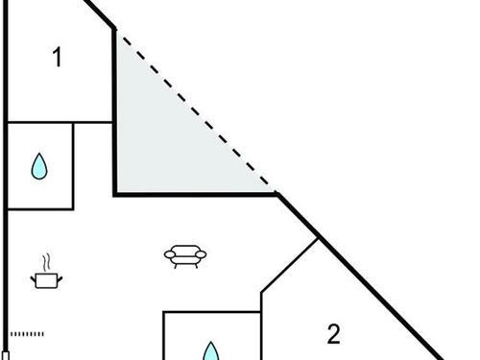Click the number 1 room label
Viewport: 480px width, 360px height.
tap(57, 59)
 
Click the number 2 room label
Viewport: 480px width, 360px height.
tap(333, 335)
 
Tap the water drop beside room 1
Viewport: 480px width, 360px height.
tap(39, 167)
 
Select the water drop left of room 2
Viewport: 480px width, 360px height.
tap(210, 348)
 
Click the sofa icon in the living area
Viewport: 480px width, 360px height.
tap(185, 255)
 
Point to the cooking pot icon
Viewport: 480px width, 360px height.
tap(45, 279)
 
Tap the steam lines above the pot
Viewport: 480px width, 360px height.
tap(45, 261)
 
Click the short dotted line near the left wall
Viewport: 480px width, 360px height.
tap(27, 334)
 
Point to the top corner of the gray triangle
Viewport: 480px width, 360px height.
tap(116, 30)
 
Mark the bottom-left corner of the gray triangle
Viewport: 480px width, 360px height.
tap(116, 193)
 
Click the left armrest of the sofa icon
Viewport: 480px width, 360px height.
tap(169, 253)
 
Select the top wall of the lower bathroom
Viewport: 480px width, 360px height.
tap(211, 311)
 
